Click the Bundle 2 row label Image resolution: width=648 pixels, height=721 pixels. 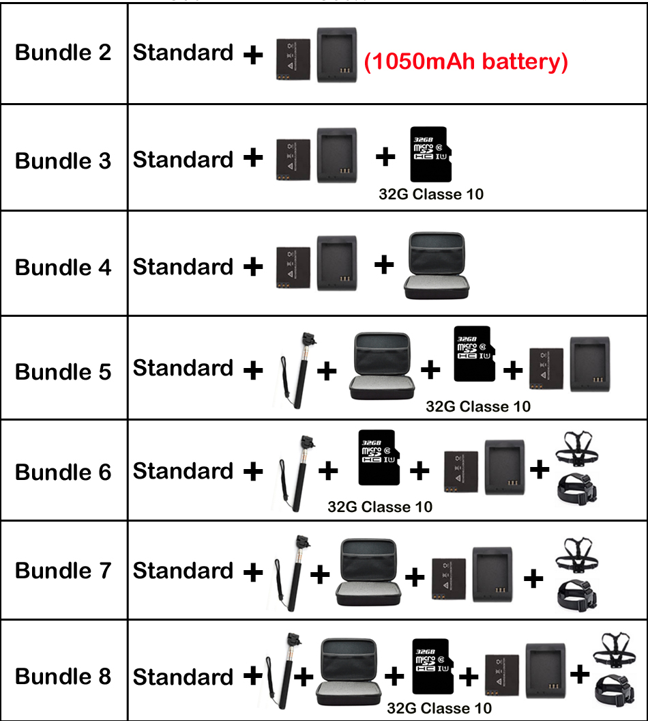63,53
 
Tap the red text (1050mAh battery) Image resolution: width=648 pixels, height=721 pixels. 466,62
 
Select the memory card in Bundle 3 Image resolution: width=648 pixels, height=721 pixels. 430,154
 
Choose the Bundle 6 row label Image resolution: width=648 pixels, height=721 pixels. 63,472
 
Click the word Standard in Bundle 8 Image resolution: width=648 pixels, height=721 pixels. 183,677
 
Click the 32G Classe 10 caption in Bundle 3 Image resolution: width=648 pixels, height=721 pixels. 431,195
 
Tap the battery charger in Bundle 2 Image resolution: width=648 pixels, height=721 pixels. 336,55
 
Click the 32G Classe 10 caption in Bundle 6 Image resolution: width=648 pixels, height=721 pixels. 380,507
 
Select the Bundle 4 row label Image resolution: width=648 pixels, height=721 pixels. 63,268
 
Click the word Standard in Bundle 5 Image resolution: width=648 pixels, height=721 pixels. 183,369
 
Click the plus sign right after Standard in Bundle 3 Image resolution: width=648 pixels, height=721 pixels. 253,158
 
